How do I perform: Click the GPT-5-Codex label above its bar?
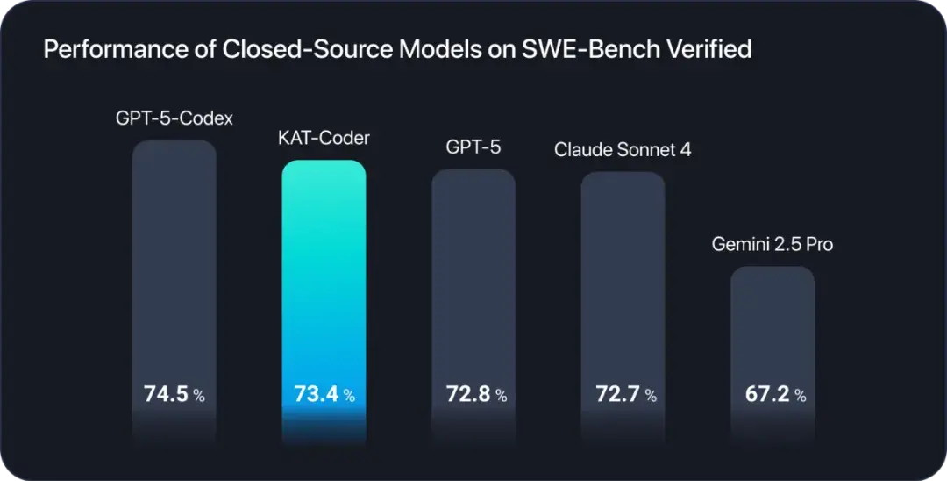(174, 118)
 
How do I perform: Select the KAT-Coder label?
(323, 139)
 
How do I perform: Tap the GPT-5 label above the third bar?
(473, 147)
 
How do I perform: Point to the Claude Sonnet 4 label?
(623, 150)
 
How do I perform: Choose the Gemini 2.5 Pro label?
(772, 245)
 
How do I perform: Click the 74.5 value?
(166, 395)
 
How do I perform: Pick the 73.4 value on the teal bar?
(315, 395)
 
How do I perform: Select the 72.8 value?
(466, 395)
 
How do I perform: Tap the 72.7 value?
(616, 395)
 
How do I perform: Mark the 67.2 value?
(765, 395)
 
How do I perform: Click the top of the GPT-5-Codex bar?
(174, 146)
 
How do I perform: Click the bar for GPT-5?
(473, 272)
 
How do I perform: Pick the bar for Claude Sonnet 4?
(623, 272)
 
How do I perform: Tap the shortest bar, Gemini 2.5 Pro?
(773, 325)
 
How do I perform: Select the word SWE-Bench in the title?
(574, 50)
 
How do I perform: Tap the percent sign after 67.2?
(800, 397)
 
